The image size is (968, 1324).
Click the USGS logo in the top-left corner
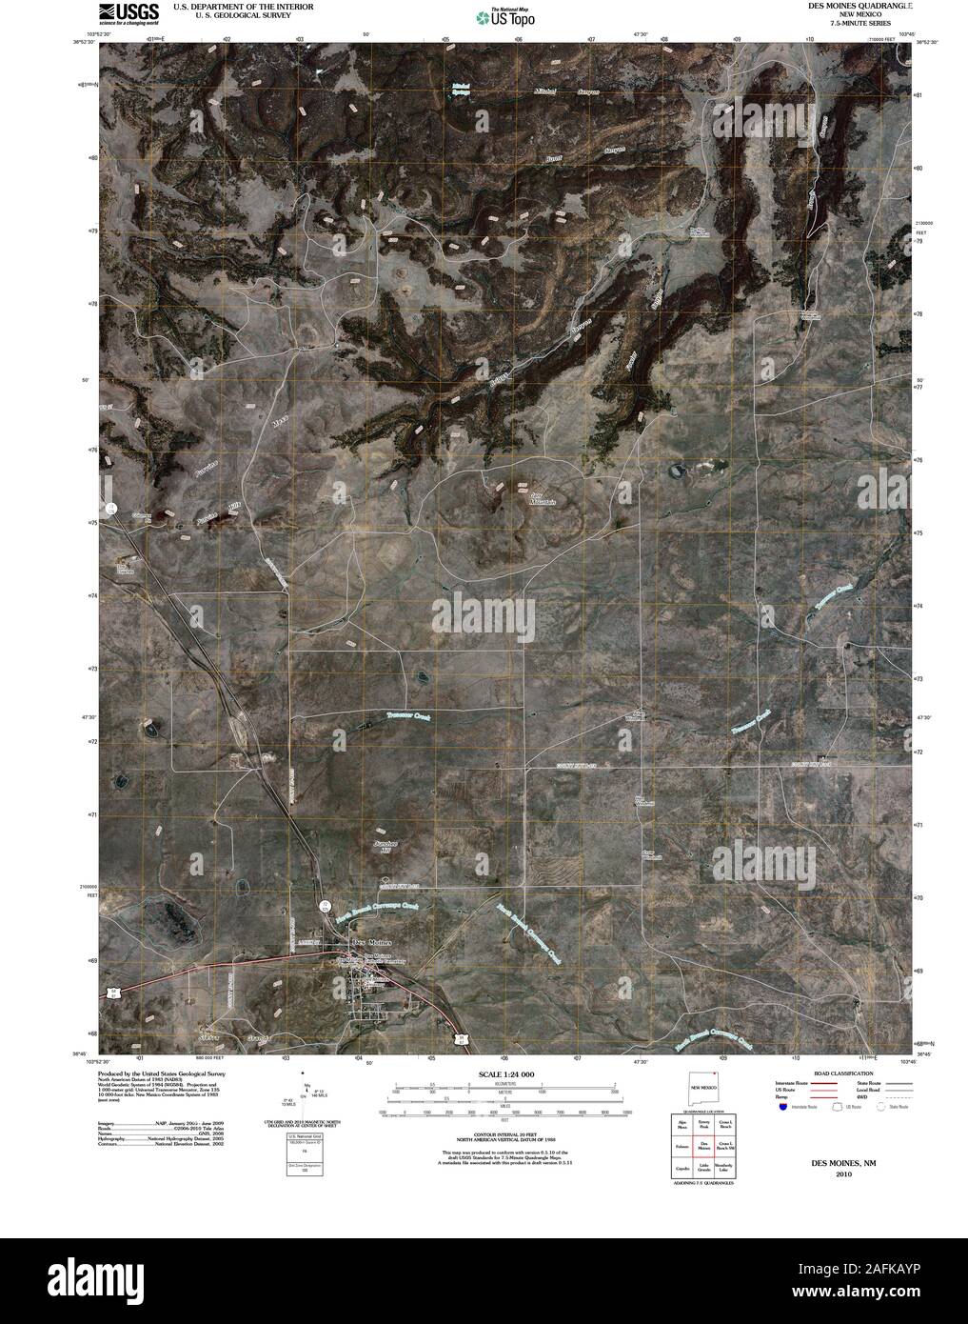pos(128,12)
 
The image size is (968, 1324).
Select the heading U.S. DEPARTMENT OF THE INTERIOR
pos(234,6)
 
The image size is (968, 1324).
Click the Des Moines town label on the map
pos(371,942)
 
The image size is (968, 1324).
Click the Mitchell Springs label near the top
pos(461,90)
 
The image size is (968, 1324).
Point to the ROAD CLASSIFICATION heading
pos(838,1073)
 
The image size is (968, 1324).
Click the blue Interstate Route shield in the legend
pos(781,1107)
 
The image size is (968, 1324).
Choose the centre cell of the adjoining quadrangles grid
pos(704,1146)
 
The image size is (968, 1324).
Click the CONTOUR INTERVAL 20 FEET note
pos(505,1135)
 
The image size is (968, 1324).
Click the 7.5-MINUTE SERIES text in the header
pos(850,22)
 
